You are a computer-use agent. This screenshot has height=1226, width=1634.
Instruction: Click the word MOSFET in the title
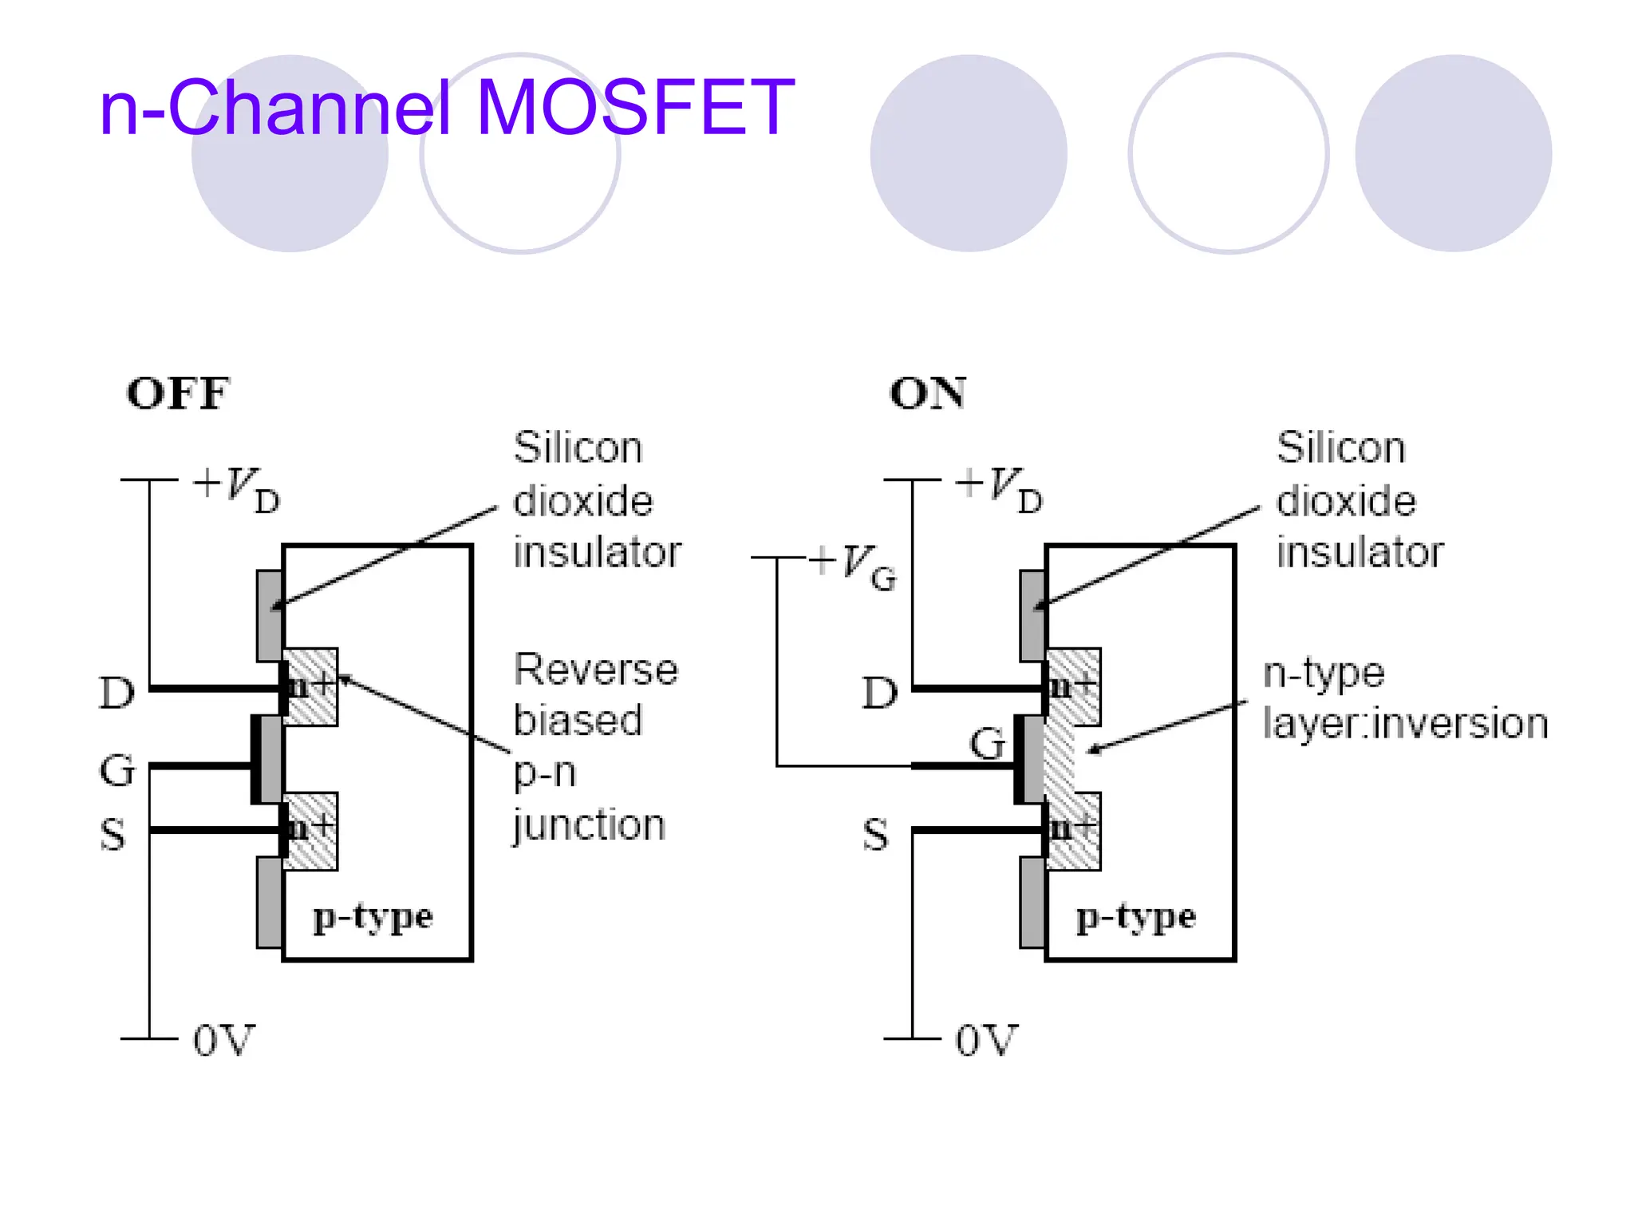[x=635, y=108]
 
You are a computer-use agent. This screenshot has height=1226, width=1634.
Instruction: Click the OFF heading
[x=178, y=394]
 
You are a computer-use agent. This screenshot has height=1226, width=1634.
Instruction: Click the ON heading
[x=927, y=394]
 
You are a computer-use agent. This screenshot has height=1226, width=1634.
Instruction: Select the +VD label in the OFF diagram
[x=237, y=489]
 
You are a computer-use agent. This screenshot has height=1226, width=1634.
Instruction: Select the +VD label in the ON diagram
[x=1000, y=489]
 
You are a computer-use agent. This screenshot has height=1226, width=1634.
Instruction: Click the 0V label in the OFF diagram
[x=223, y=1040]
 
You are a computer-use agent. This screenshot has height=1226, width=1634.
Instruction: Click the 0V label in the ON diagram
[x=986, y=1040]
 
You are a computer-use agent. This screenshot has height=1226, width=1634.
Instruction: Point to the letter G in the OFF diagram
[x=117, y=770]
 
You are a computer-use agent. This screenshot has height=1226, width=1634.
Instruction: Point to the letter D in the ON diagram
[x=880, y=693]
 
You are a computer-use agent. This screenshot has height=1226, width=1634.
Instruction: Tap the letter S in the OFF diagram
[x=112, y=835]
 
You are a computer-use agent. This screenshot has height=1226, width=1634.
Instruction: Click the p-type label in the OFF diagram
[x=373, y=918]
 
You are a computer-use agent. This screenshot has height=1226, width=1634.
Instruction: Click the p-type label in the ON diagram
[x=1135, y=918]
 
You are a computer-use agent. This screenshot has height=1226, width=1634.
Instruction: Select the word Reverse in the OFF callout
[x=595, y=669]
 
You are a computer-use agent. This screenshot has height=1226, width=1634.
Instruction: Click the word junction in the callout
[x=589, y=825]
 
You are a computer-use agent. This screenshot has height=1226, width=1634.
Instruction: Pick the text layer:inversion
[x=1405, y=724]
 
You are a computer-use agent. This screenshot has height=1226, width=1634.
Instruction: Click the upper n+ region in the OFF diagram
[x=310, y=686]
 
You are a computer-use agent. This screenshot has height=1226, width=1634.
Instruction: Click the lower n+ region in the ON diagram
[x=1073, y=830]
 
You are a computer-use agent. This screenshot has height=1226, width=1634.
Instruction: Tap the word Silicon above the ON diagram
[x=1340, y=447]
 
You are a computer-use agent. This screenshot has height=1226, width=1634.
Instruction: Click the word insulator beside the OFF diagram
[x=597, y=552]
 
